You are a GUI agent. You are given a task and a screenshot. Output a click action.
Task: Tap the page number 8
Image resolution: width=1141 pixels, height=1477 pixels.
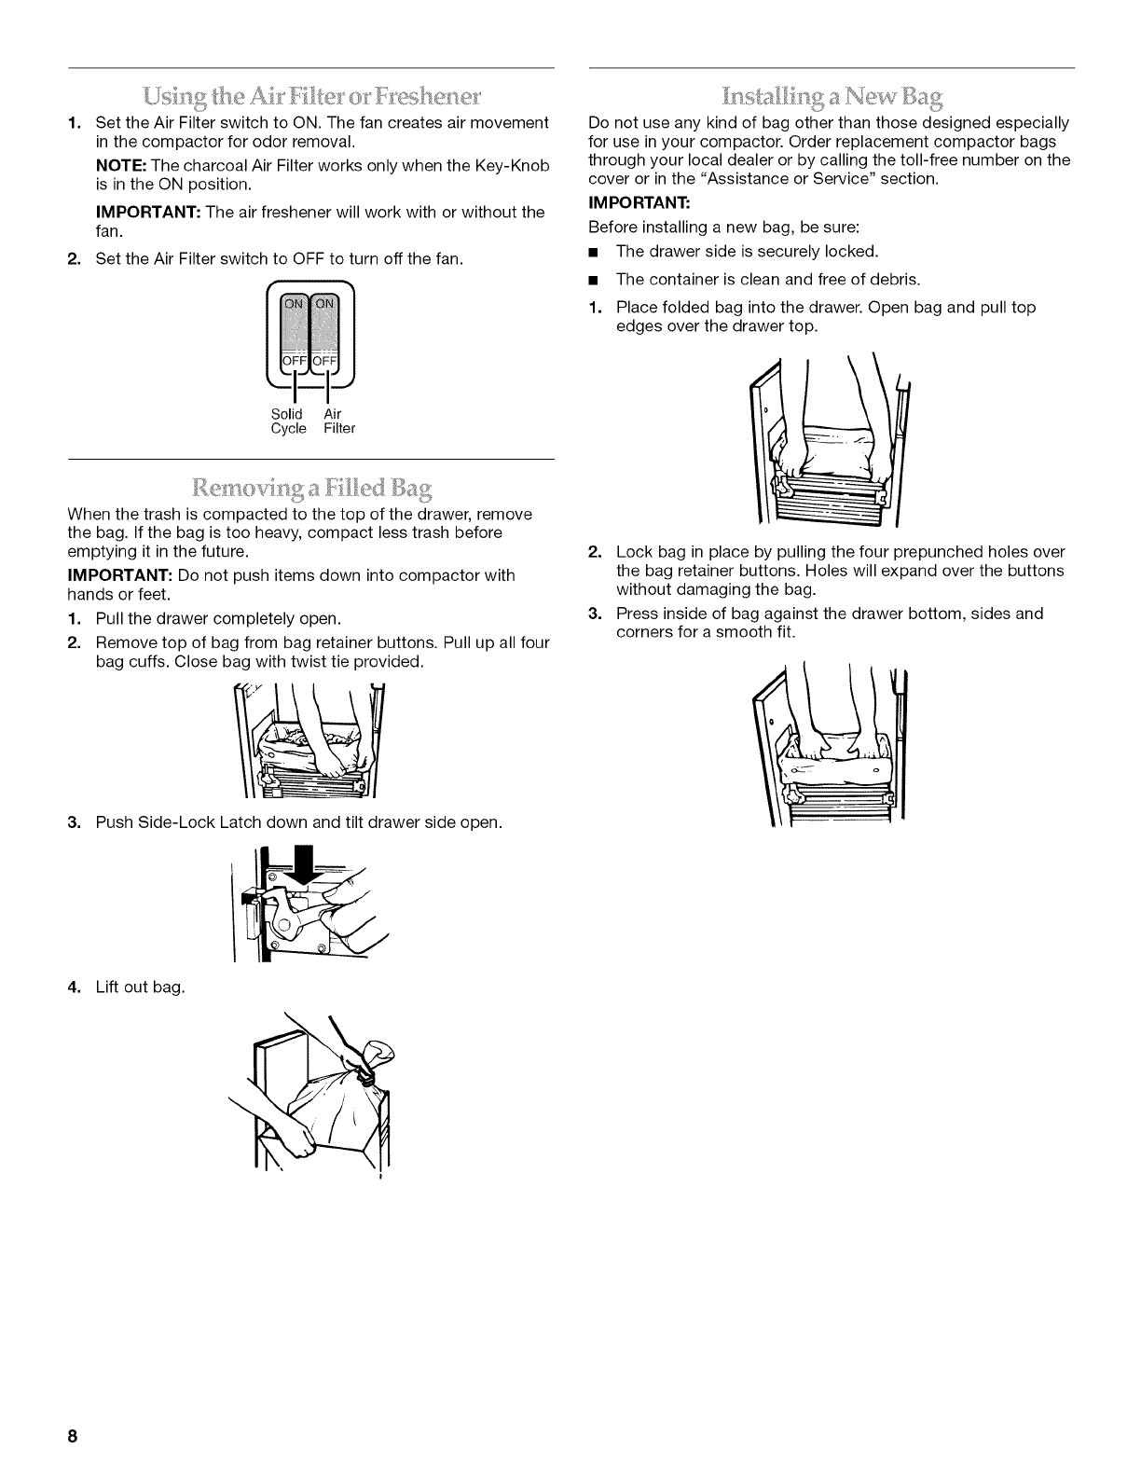[x=71, y=1437]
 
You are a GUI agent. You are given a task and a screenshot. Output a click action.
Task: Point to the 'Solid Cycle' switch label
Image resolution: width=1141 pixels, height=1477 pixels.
[x=288, y=421]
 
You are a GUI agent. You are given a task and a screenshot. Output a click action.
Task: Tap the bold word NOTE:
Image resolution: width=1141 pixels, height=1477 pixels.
[x=120, y=165]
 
